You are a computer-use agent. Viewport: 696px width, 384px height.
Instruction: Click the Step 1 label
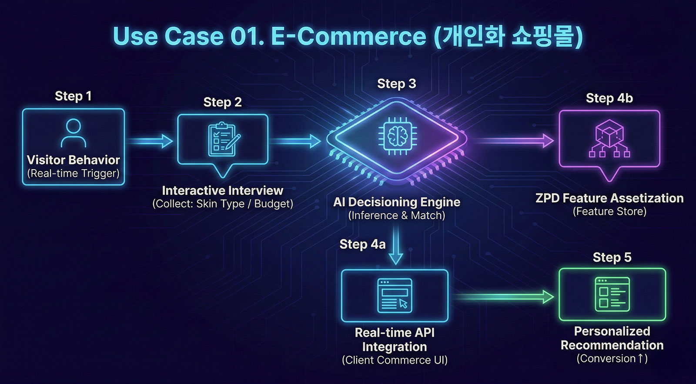(x=73, y=96)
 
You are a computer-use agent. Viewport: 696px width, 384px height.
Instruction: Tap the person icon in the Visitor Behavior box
(x=73, y=133)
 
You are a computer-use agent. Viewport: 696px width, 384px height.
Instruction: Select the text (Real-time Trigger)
(x=73, y=174)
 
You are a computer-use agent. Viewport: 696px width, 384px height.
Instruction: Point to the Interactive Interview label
(x=222, y=190)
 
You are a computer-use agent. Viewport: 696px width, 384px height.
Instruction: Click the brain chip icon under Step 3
(x=397, y=136)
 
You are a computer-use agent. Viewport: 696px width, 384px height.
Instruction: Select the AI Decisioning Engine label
(x=397, y=202)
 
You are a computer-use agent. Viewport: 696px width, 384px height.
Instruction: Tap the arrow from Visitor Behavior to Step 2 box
(x=151, y=141)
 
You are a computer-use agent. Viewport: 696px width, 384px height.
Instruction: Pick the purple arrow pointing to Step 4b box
(x=513, y=140)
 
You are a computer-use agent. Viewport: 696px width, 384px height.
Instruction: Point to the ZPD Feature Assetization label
(x=609, y=198)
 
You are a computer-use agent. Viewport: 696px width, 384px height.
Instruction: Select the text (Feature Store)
(x=609, y=212)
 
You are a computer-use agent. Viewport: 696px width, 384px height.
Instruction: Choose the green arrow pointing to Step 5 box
(x=505, y=297)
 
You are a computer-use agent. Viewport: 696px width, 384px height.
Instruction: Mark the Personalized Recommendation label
(x=612, y=338)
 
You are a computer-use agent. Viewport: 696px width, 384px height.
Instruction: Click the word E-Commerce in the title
(x=348, y=36)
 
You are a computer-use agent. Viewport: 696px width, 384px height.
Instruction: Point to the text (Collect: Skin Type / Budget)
(x=222, y=204)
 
